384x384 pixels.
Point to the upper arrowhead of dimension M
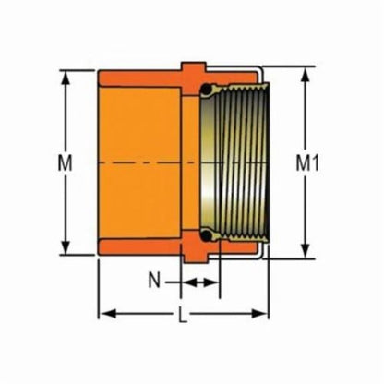66,77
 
